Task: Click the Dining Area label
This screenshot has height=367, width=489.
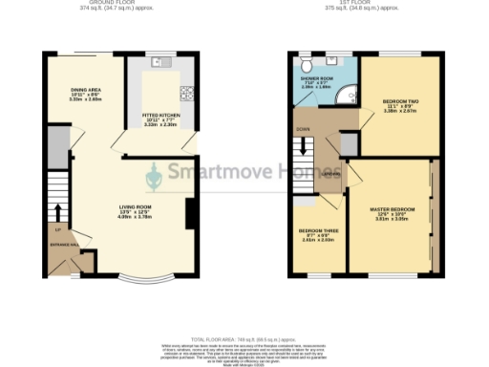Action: pos(87,93)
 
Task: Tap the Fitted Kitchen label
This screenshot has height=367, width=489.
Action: pos(160,119)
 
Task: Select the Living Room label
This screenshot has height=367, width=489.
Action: pos(136,211)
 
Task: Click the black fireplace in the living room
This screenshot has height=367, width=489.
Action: pos(192,212)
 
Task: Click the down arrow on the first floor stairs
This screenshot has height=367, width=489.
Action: pos(304,150)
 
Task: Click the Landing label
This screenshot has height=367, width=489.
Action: pos(330,175)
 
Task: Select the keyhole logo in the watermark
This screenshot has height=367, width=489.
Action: pos(156,176)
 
